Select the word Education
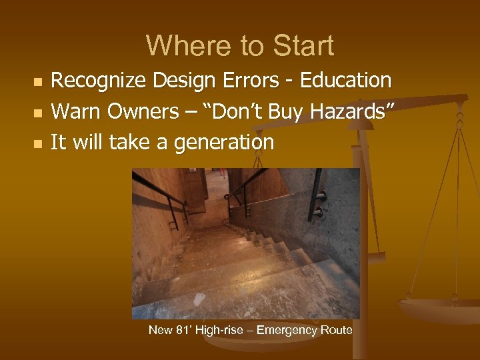(346, 81)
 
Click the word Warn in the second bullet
(71, 111)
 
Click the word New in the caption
(159, 330)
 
